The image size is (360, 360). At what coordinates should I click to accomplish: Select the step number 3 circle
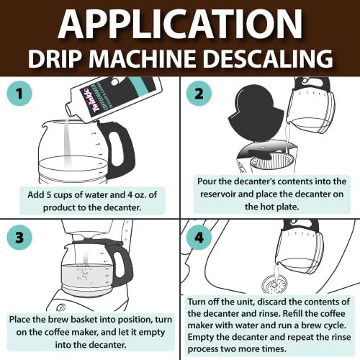[x=22, y=238]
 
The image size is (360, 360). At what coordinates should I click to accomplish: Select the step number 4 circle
[x=202, y=238]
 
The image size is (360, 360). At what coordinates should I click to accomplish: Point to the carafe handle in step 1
[x=119, y=148]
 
